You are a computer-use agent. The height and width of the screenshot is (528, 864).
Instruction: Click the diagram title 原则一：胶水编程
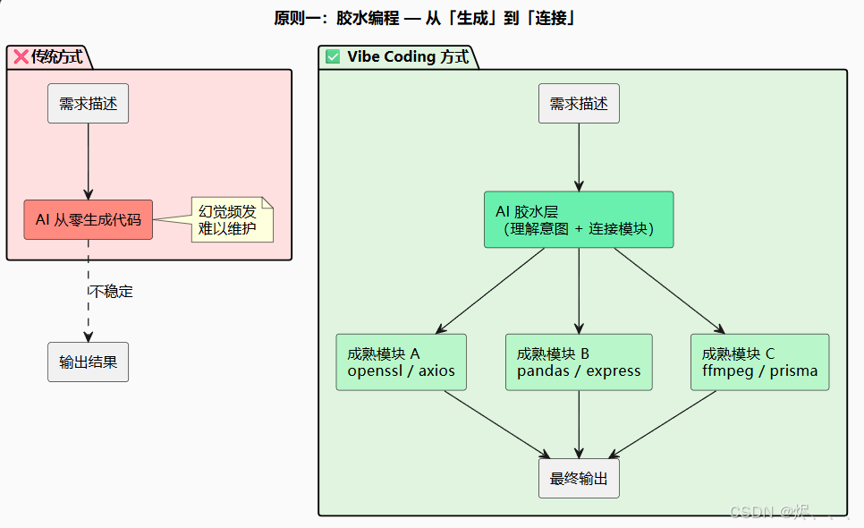(x=425, y=17)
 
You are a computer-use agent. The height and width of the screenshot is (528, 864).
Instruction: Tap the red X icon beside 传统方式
(x=21, y=57)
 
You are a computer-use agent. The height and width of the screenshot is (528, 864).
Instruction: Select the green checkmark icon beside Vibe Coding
(x=333, y=57)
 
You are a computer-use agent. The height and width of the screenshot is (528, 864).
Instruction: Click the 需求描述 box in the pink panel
(x=88, y=104)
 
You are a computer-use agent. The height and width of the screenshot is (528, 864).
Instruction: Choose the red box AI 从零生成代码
(x=88, y=219)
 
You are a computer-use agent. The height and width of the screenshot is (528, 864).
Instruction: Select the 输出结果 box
(x=88, y=362)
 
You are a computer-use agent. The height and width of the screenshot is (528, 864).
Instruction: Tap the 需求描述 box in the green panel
(x=579, y=104)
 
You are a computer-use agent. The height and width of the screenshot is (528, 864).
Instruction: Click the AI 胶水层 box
(x=579, y=219)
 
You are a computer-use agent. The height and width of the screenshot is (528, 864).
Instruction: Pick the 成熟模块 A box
(x=401, y=362)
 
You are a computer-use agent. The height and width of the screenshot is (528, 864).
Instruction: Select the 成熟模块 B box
(x=579, y=362)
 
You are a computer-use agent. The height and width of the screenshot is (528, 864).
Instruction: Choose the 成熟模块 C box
(x=759, y=362)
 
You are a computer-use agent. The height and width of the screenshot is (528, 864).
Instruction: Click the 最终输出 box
(x=579, y=479)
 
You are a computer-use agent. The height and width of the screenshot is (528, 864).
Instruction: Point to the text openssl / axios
(x=401, y=371)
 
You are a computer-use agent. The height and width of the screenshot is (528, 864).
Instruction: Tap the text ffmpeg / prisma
(x=759, y=371)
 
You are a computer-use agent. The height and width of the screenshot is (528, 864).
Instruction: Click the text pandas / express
(x=579, y=371)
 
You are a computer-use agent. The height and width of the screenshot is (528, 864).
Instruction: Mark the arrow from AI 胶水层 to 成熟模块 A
(x=490, y=291)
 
